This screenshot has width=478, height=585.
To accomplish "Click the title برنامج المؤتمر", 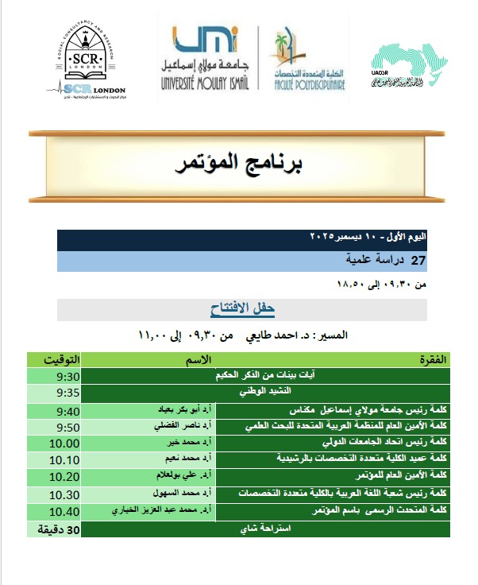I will click(x=239, y=165).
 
